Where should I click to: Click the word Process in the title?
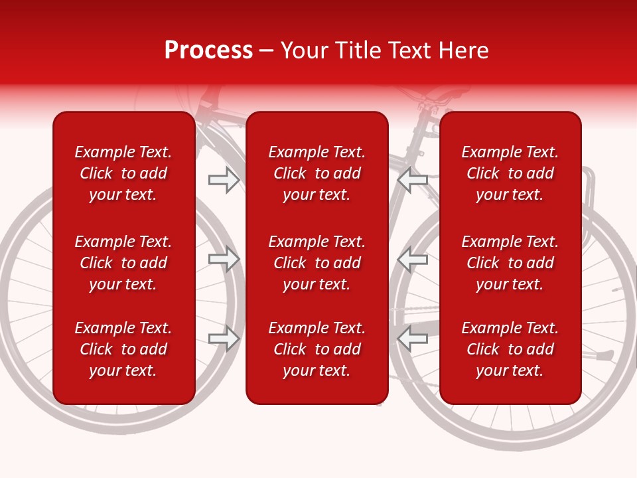click(x=208, y=50)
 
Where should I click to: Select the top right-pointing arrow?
click(x=224, y=180)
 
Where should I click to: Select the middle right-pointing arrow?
click(x=224, y=259)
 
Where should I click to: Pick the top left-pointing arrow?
click(x=412, y=180)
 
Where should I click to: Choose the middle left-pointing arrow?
click(x=412, y=259)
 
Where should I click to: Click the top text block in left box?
click(x=123, y=173)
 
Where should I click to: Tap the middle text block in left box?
click(x=123, y=263)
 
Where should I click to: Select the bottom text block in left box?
click(x=123, y=349)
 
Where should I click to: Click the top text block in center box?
click(x=317, y=173)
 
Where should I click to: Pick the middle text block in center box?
click(x=317, y=263)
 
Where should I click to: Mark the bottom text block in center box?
click(x=317, y=349)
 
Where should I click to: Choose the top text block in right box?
click(x=510, y=173)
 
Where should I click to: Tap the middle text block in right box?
click(x=510, y=263)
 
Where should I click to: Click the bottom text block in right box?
click(x=510, y=349)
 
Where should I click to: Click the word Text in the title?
click(x=406, y=50)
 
